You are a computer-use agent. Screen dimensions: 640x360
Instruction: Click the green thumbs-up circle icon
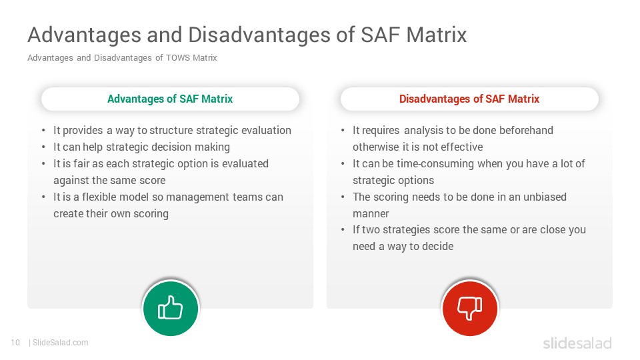tap(171, 308)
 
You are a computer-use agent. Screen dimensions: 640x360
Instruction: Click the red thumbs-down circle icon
tap(470, 308)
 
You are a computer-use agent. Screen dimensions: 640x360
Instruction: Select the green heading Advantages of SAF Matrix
tap(170, 99)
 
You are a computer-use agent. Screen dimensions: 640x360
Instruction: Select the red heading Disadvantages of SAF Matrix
tap(469, 99)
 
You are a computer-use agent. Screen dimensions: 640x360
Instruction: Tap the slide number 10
tap(15, 343)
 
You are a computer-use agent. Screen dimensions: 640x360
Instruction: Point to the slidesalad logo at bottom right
tap(577, 343)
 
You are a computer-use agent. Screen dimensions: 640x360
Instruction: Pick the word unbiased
tap(545, 197)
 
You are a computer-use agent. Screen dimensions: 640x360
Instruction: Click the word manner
tap(371, 213)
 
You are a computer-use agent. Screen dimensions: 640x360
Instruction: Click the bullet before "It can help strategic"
tap(44, 147)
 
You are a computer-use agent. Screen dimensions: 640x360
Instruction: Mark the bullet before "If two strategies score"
tap(343, 230)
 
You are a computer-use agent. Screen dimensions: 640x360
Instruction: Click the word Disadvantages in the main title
tap(259, 35)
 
